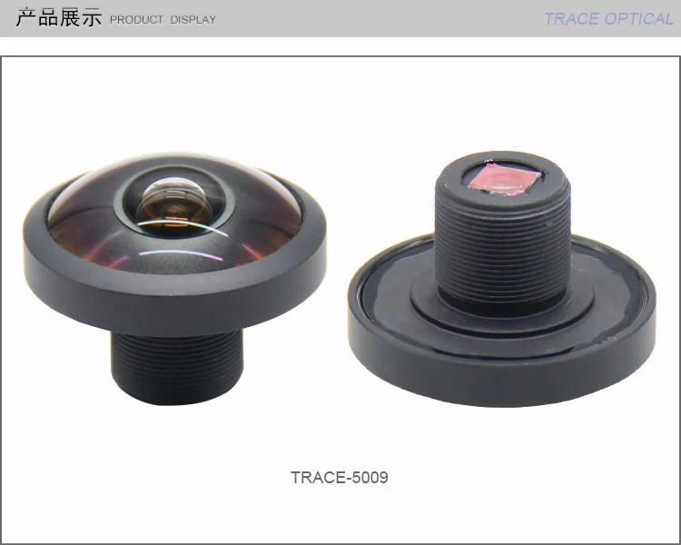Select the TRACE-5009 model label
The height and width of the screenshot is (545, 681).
click(x=339, y=477)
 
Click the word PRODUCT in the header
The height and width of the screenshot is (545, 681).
click(x=137, y=19)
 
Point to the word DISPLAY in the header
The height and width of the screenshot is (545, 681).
click(x=192, y=19)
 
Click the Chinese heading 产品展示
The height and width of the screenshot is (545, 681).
click(x=59, y=18)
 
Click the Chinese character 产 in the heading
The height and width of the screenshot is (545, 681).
click(x=26, y=18)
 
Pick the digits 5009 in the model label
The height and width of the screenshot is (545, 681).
click(x=370, y=477)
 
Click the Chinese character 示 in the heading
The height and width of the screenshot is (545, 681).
click(x=91, y=18)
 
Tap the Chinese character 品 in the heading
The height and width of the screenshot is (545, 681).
click(x=48, y=18)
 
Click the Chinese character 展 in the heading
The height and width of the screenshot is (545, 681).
click(x=70, y=18)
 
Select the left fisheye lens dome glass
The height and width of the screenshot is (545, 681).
click(x=100, y=218)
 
